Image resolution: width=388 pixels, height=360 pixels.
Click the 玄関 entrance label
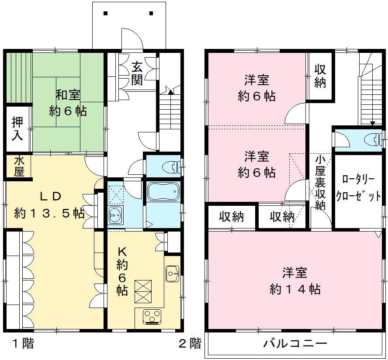(137, 73)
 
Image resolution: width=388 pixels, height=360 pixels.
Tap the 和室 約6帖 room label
(68, 103)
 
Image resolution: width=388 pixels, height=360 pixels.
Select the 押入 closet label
(17, 128)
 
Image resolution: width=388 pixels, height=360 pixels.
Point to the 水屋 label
(19, 166)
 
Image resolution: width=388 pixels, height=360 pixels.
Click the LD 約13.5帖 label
(49, 205)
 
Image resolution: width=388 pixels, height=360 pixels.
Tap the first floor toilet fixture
(173, 167)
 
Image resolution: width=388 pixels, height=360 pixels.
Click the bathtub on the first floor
(163, 191)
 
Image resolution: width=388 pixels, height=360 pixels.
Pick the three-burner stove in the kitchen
(152, 316)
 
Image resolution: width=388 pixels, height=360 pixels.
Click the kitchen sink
(172, 273)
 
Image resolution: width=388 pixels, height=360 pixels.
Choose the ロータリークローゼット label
(358, 188)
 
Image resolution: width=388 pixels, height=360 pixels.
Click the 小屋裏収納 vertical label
(320, 183)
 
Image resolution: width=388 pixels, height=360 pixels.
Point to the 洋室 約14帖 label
(295, 280)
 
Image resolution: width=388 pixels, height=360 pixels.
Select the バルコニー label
(295, 343)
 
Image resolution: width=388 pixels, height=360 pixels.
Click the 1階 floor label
(23, 343)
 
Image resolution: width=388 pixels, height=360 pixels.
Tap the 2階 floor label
(190, 343)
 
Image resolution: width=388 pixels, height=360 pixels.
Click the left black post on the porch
(106, 14)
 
